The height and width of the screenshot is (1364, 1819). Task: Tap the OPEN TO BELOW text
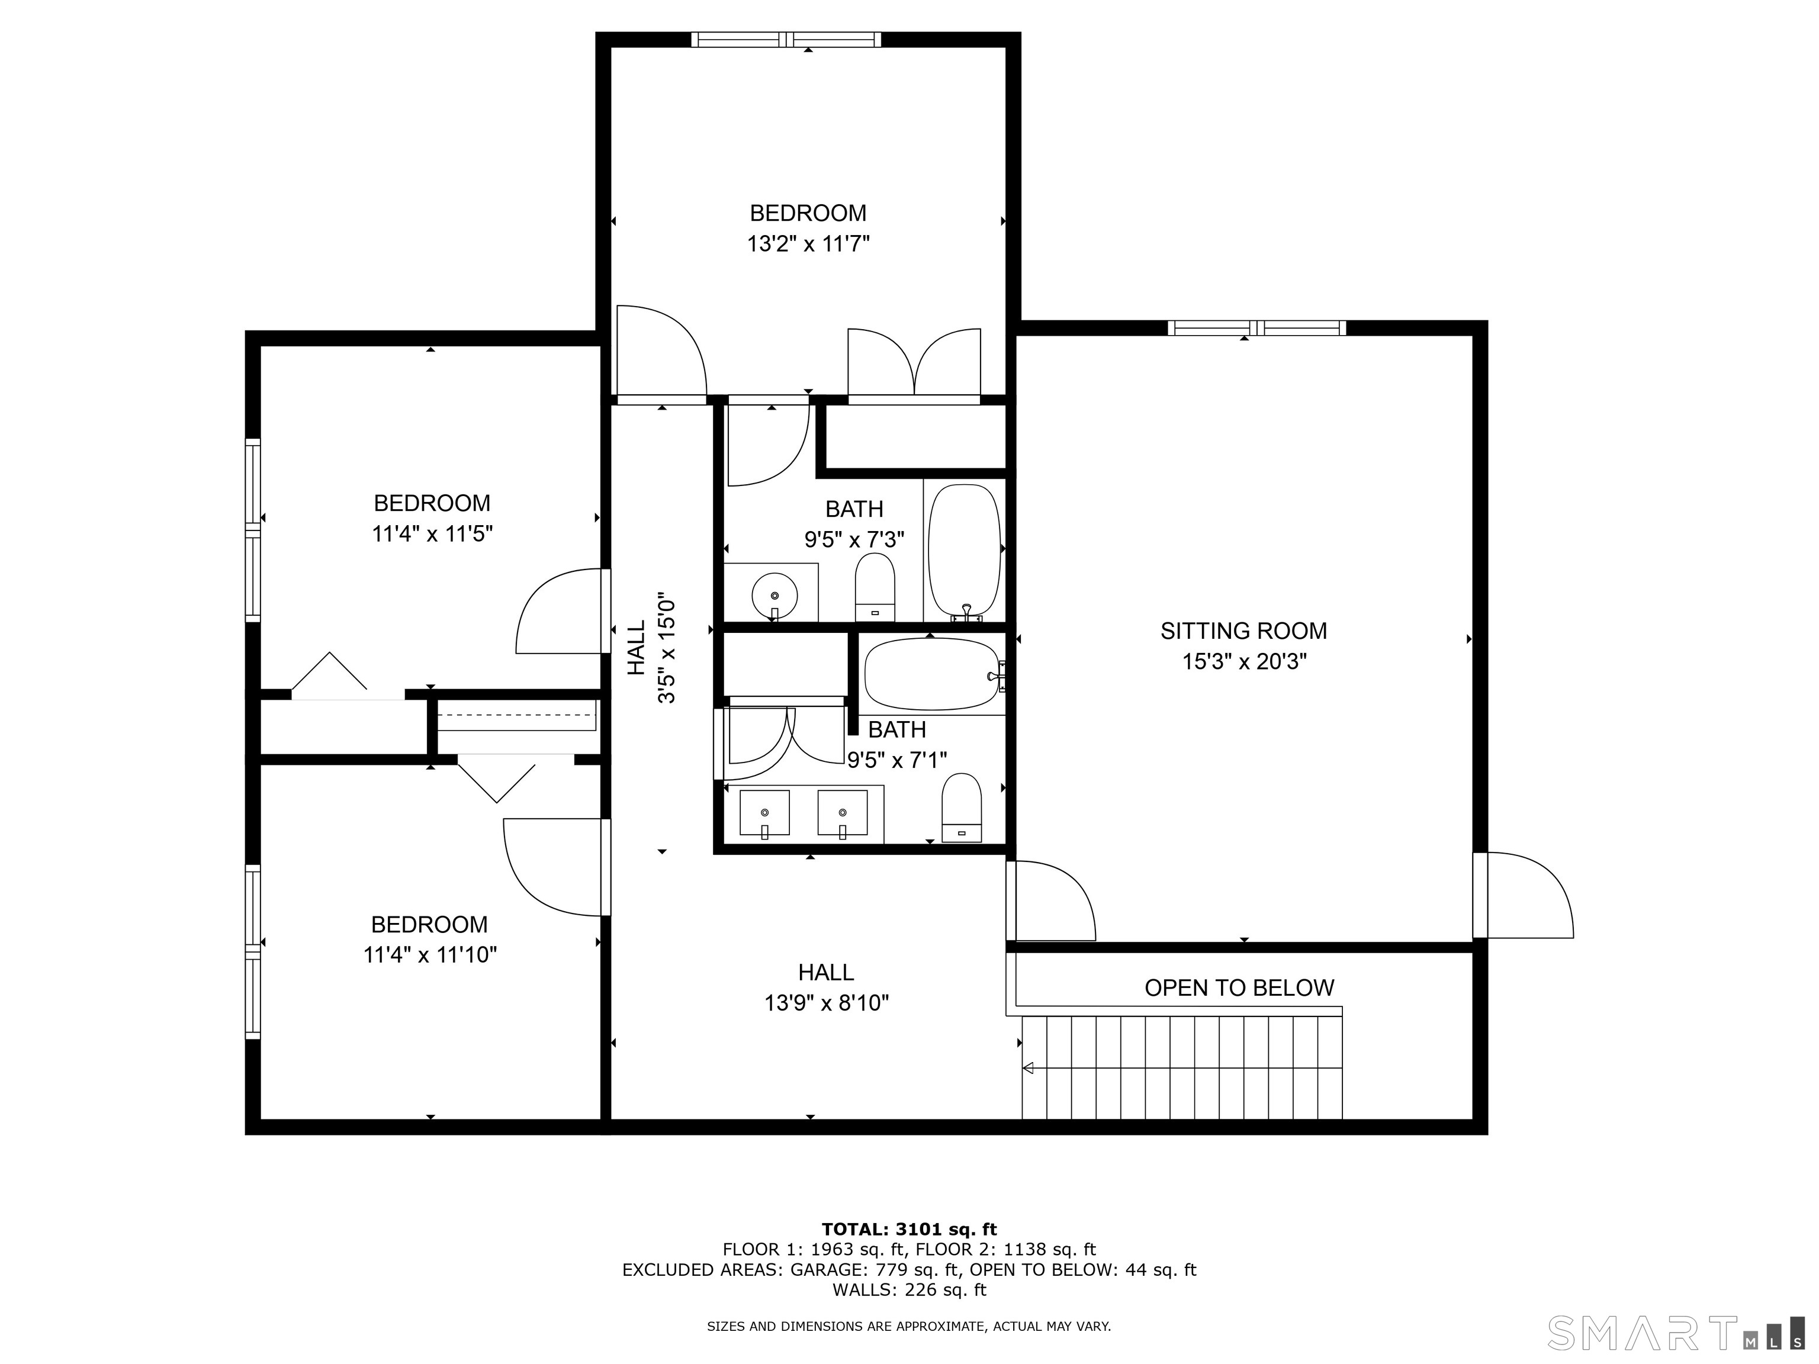pyautogui.click(x=1239, y=987)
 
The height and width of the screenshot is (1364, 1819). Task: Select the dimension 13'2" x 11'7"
pyautogui.click(x=808, y=243)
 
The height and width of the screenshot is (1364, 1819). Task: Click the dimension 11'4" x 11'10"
pyautogui.click(x=430, y=954)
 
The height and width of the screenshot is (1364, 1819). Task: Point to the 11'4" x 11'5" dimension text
pyautogui.click(x=432, y=533)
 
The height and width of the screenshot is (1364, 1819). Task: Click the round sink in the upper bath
pyautogui.click(x=774, y=595)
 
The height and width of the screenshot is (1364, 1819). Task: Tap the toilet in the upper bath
pyautogui.click(x=875, y=588)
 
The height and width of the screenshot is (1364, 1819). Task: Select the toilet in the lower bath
pyautogui.click(x=961, y=808)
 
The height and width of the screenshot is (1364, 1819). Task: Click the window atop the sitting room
pyautogui.click(x=1256, y=328)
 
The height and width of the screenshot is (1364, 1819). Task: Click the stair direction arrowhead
pyautogui.click(x=1028, y=1068)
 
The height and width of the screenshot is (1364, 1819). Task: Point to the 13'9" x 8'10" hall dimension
pyautogui.click(x=827, y=1002)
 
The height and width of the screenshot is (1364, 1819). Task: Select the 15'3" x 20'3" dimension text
pyautogui.click(x=1244, y=661)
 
